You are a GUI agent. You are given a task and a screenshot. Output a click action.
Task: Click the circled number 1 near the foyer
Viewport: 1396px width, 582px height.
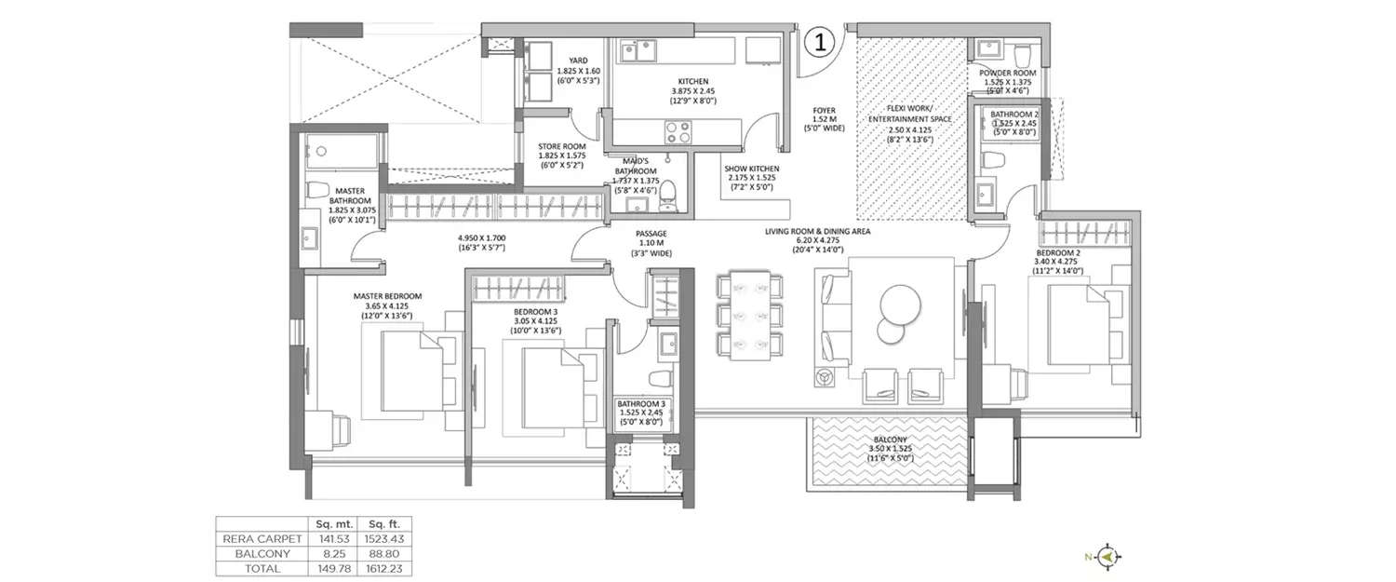[x=817, y=41]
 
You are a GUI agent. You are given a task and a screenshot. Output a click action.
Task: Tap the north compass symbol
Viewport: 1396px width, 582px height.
[x=1107, y=557]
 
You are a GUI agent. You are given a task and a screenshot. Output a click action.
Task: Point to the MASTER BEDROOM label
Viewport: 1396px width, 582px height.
[x=387, y=296]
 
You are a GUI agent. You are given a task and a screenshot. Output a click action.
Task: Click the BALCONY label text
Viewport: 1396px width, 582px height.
[x=889, y=439]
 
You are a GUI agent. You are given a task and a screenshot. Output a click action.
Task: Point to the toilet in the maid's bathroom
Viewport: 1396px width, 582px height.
[x=666, y=197]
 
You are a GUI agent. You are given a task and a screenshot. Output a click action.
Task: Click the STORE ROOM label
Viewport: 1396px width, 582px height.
[x=561, y=146]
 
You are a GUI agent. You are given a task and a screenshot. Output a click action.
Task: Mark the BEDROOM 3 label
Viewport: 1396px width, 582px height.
[x=534, y=311]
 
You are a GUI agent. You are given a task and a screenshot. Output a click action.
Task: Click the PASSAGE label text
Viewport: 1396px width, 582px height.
[x=651, y=234]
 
